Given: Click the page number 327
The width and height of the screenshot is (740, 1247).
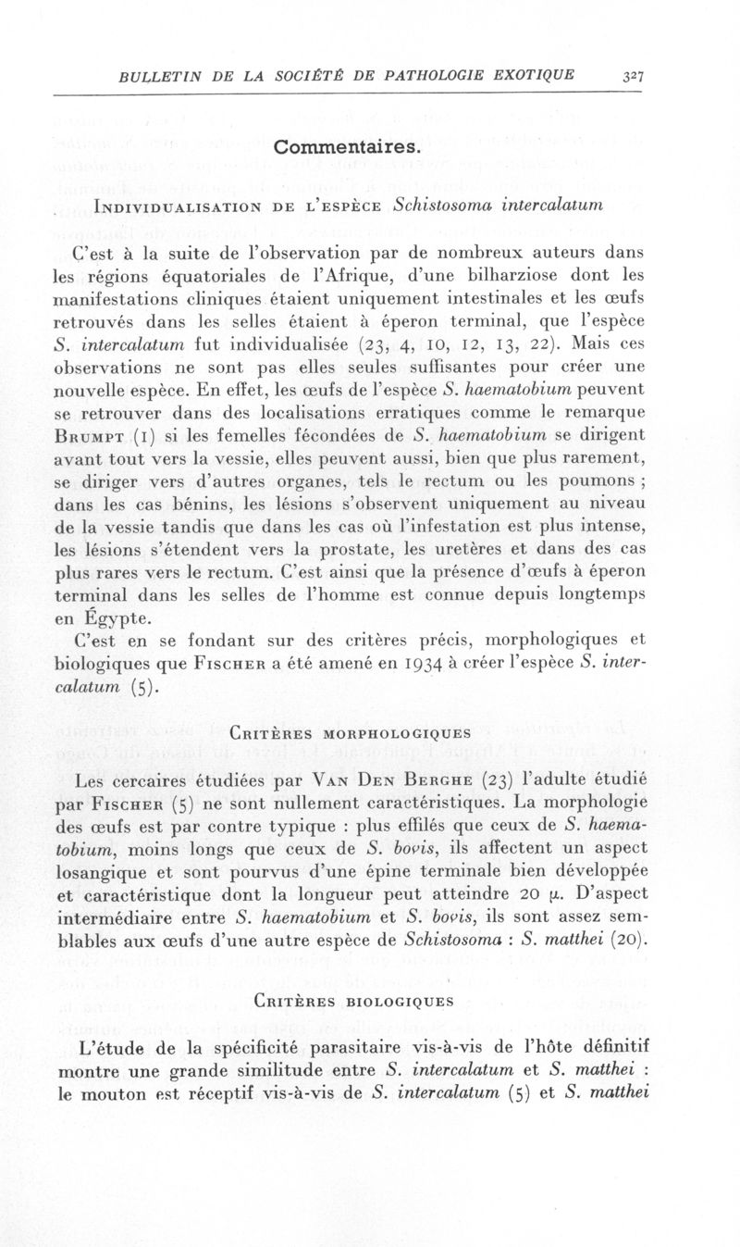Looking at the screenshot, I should point(633,77).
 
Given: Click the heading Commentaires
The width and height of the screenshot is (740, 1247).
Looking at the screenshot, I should point(348,147).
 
